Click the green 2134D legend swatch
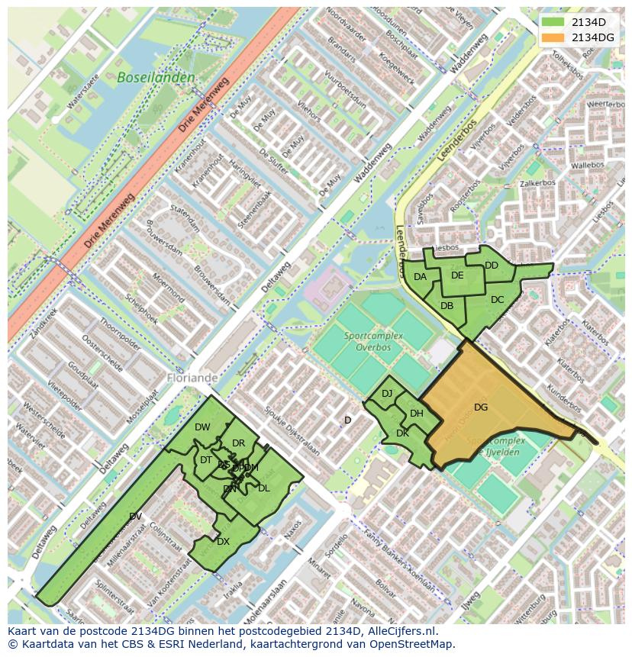553,22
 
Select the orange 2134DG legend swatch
553,37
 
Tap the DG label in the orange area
481,407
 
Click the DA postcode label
421,277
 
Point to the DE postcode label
457,275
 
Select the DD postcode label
492,266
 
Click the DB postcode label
447,306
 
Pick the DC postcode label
498,300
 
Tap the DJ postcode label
387,394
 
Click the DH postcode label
417,414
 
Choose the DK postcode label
403,433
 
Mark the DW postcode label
202,427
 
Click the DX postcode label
223,542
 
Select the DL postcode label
263,488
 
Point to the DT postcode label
206,460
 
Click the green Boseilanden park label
156,78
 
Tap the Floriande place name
192,378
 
